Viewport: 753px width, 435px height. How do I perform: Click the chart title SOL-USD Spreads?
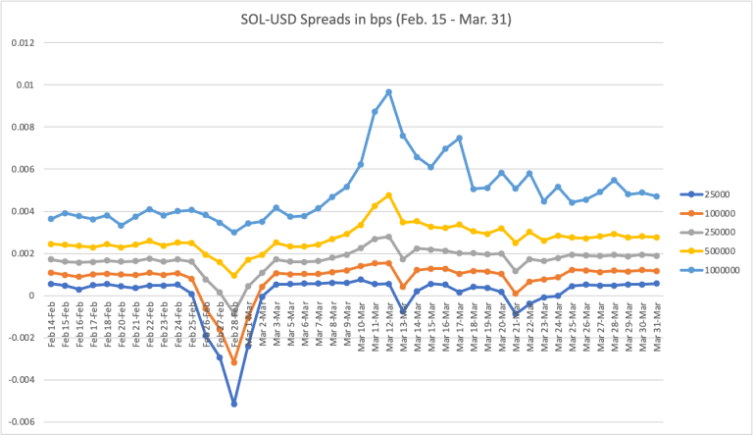pyautogui.click(x=376, y=21)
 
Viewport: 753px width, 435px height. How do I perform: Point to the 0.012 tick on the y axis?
pyautogui.click(x=21, y=43)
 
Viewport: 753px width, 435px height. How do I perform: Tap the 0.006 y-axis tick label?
pyautogui.click(x=21, y=169)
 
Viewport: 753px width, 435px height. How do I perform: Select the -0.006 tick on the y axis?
pyautogui.click(x=20, y=422)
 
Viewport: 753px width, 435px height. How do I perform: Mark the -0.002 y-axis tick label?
pyautogui.click(x=20, y=338)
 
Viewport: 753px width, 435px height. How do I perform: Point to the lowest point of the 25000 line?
pyautogui.click(x=234, y=404)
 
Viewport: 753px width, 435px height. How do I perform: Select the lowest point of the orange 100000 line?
pyautogui.click(x=234, y=362)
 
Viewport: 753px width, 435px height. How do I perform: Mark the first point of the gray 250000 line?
pyautogui.click(x=51, y=259)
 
